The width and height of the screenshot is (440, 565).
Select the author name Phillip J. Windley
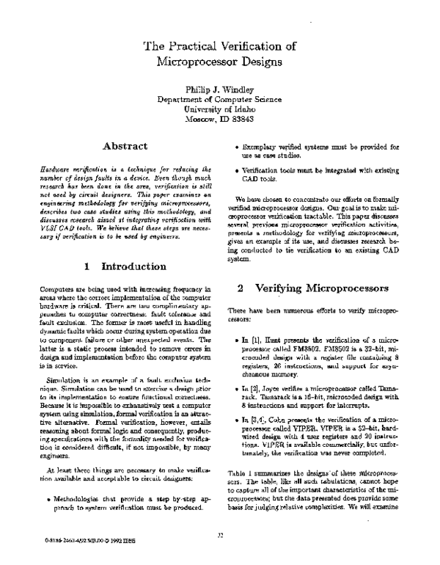219,89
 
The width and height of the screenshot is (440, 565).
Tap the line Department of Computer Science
219,100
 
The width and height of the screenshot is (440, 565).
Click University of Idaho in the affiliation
219,110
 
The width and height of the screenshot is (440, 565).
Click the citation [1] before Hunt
260,341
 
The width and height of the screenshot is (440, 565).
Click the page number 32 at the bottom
219,534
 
